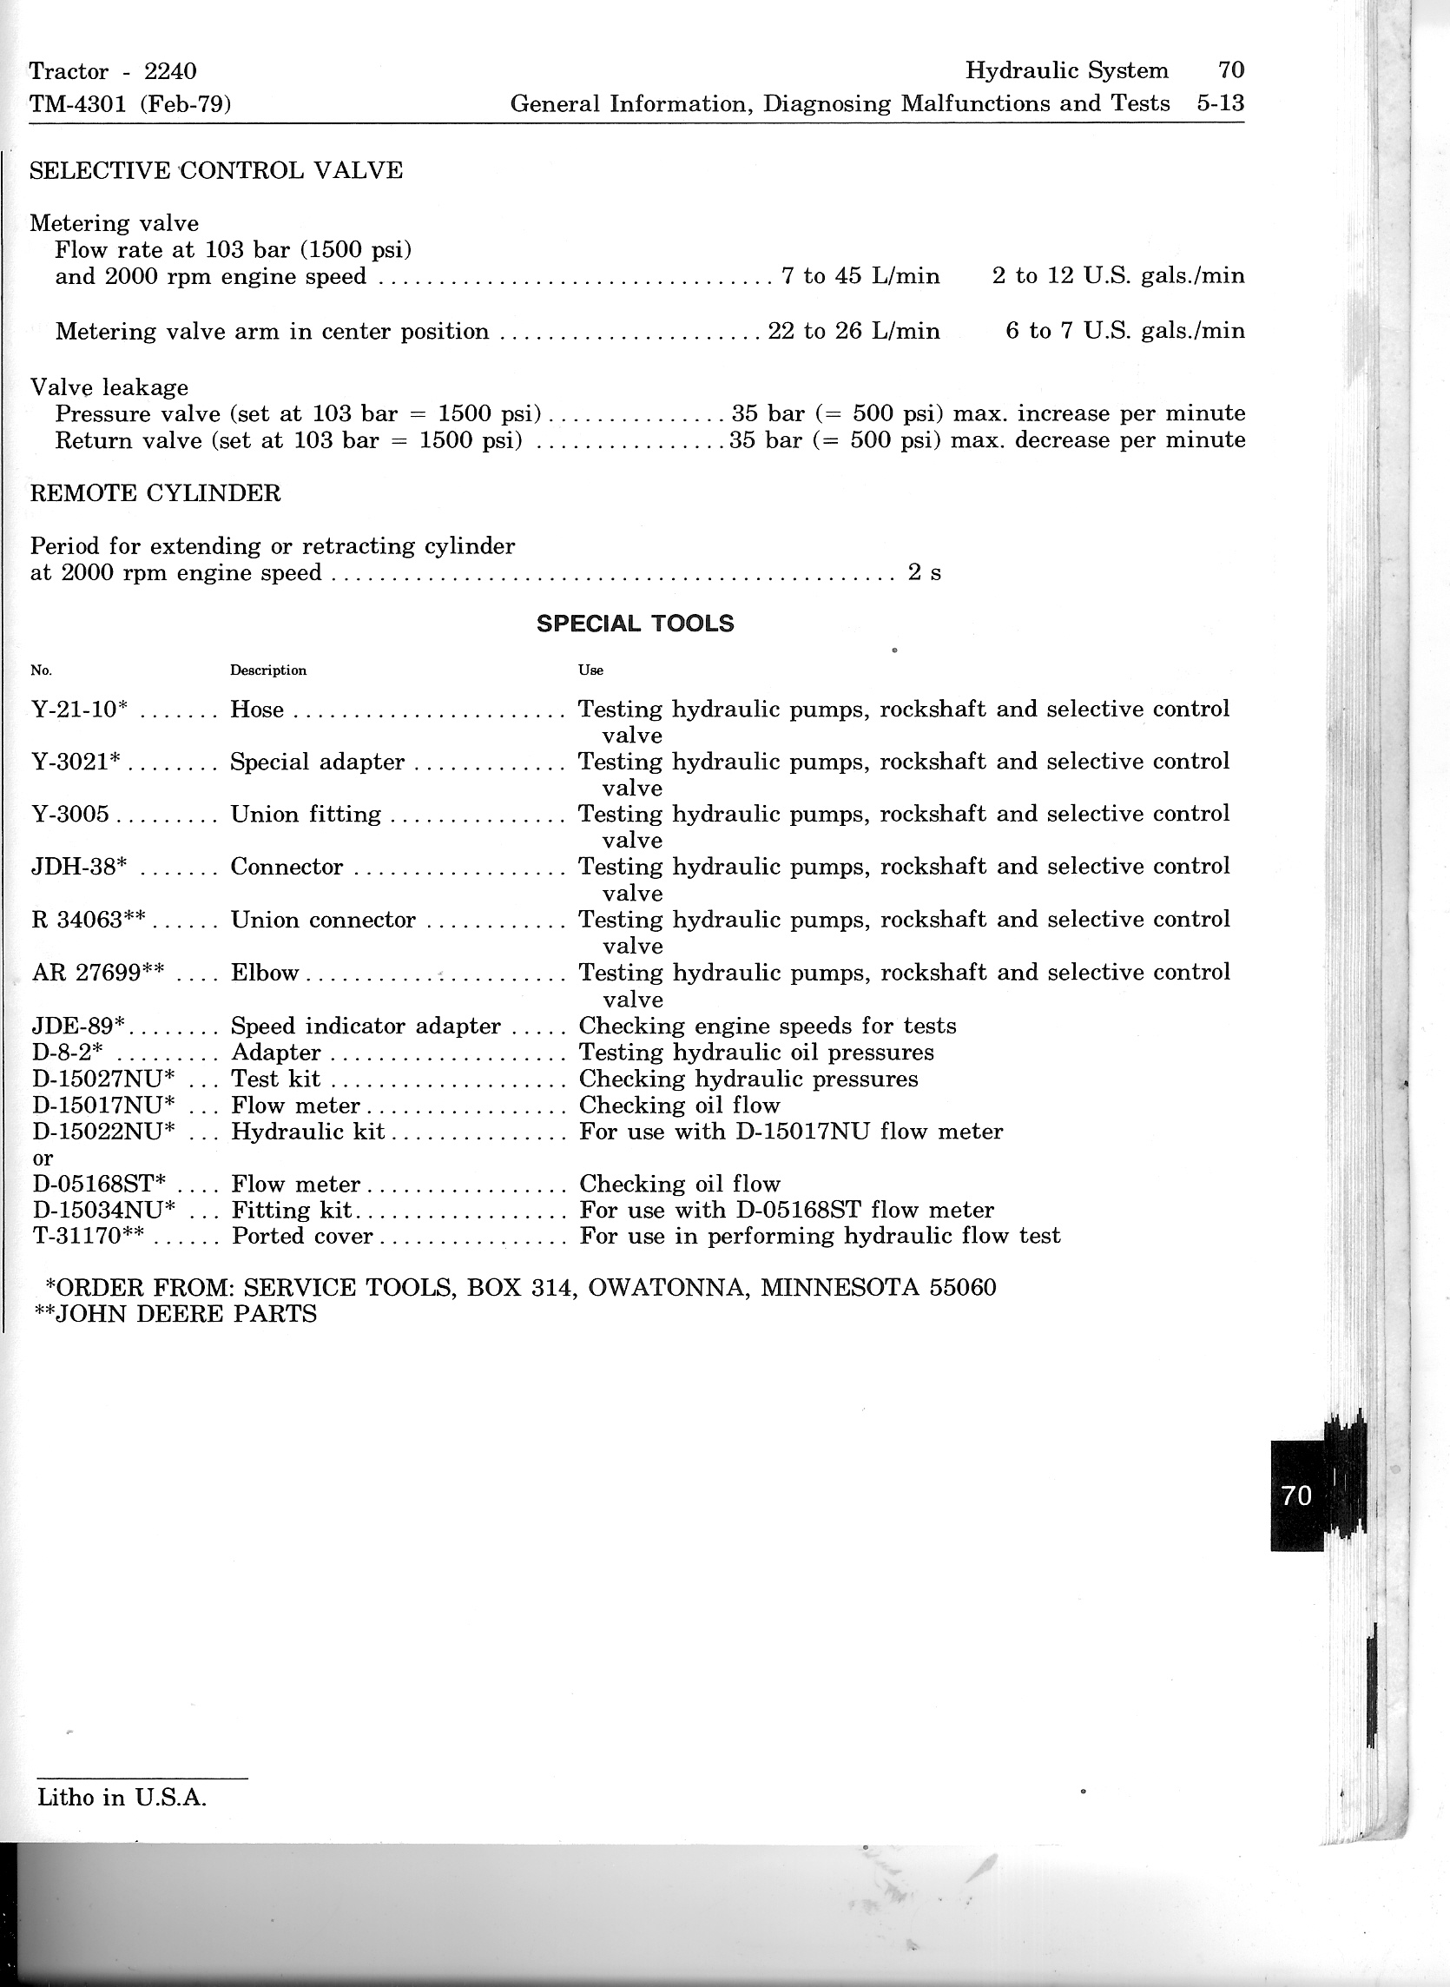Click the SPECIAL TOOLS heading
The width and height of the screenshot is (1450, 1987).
[x=635, y=624]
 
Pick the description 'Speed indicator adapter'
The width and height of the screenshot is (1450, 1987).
[x=366, y=1026]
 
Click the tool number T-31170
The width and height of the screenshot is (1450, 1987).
[x=88, y=1236]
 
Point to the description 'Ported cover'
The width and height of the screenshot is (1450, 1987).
[x=302, y=1236]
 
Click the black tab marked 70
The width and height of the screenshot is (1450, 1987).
[x=1297, y=1495]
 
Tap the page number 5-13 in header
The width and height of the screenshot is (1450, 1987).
[x=1220, y=103]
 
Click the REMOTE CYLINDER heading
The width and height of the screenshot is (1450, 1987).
[x=155, y=493]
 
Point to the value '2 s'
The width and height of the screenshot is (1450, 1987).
[x=924, y=573]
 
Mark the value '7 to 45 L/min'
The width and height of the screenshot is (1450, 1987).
[x=860, y=276]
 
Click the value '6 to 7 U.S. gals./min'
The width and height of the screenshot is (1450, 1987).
[x=1124, y=331]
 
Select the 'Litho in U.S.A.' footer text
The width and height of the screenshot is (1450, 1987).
[x=122, y=1798]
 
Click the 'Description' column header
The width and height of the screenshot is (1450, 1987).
[x=268, y=670]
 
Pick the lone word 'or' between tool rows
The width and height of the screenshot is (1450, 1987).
[x=43, y=1158]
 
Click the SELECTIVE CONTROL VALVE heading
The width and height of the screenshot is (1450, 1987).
[x=216, y=170]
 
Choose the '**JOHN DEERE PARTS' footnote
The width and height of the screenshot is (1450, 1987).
[x=175, y=1314]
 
